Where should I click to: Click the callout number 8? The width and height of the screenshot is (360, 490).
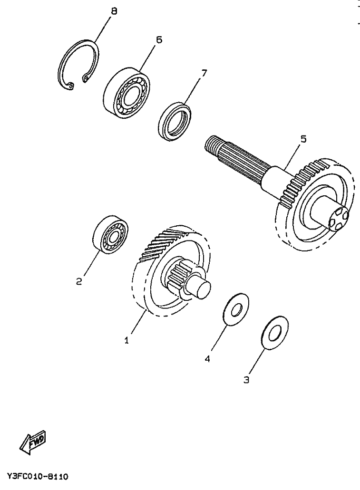tap(113, 10)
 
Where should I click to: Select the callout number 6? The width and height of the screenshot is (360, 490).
tap(158, 39)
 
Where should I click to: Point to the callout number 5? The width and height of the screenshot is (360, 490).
tap(303, 139)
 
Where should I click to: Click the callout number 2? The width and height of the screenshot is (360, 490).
tap(79, 281)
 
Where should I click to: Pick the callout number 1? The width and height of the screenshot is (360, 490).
tap(126, 340)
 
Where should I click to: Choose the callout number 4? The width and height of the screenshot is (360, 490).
tap(207, 359)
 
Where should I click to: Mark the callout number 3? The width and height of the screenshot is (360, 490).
tap(246, 380)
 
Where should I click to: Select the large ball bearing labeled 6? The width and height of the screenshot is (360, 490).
tap(126, 91)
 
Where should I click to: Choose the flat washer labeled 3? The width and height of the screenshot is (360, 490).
tap(274, 334)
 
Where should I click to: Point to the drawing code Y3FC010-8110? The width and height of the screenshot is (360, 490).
tap(38, 476)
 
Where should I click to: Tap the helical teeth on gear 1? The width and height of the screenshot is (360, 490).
tap(162, 242)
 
